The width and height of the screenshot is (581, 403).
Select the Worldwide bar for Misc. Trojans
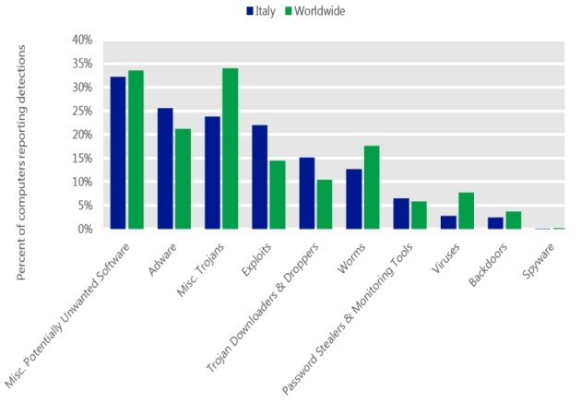[231, 148]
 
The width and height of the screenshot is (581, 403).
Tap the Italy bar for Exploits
[259, 177]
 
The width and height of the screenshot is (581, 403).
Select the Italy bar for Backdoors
[495, 223]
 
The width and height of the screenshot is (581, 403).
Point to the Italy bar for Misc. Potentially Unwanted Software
[118, 153]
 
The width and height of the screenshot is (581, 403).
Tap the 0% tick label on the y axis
[84, 229]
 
